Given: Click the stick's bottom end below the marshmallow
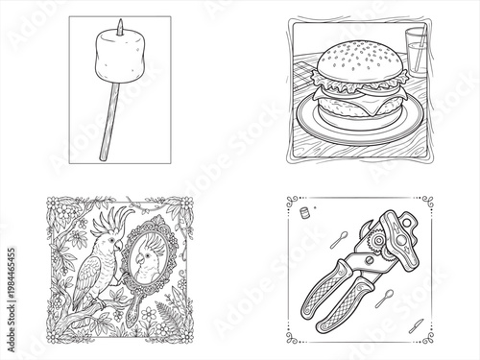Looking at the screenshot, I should pyautogui.click(x=100, y=157).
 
